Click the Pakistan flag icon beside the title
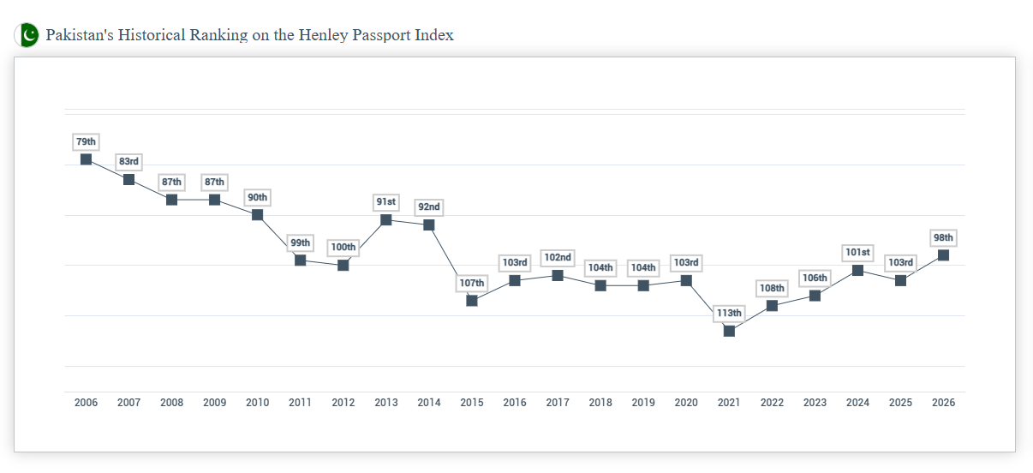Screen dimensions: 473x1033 pos(27,35)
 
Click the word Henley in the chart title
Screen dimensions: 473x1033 pos(324,35)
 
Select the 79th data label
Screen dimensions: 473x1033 pos(86,141)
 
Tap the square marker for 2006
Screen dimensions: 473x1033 pos(86,159)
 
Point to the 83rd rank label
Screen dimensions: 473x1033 pos(128,161)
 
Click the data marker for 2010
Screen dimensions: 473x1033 pos(257,214)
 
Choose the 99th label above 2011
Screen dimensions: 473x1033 pos(300,242)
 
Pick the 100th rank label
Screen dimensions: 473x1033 pos(343,247)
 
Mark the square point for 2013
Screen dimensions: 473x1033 pos(386,220)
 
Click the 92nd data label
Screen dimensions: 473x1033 pos(429,207)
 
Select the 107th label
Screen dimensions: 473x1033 pos(472,283)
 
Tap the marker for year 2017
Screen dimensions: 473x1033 pos(558,275)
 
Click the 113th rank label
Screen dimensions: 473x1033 pos(729,313)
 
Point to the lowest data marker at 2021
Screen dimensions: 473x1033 pos(729,331)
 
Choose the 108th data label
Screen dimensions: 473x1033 pos(772,288)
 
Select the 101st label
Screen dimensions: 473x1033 pos(857,252)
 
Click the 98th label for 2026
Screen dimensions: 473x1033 pos(943,237)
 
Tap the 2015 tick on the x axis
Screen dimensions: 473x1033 pos(472,403)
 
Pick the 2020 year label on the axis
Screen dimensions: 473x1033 pos(686,403)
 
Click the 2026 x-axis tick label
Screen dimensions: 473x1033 pos(943,403)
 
